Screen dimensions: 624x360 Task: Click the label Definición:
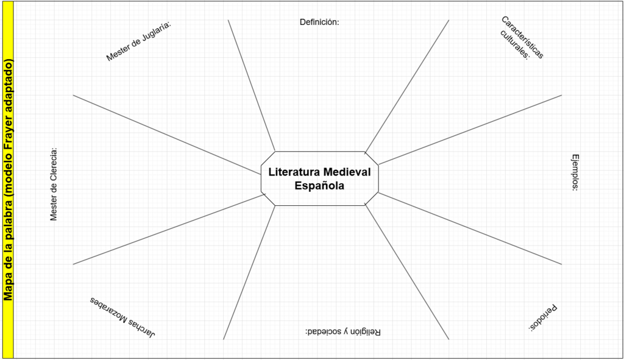(319, 23)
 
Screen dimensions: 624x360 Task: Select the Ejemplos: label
(575, 172)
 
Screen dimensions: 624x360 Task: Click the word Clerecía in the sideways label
(54, 163)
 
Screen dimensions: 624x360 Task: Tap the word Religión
(366, 332)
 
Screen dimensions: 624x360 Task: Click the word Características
(522, 37)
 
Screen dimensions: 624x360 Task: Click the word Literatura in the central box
(294, 172)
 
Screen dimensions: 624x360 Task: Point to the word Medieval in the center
(347, 172)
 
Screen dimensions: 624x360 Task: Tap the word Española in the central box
(319, 186)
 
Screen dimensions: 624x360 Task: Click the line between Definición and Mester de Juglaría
(252, 85)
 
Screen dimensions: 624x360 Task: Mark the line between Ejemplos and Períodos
(470, 228)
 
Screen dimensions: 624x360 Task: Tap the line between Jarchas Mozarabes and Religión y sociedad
(249, 272)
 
